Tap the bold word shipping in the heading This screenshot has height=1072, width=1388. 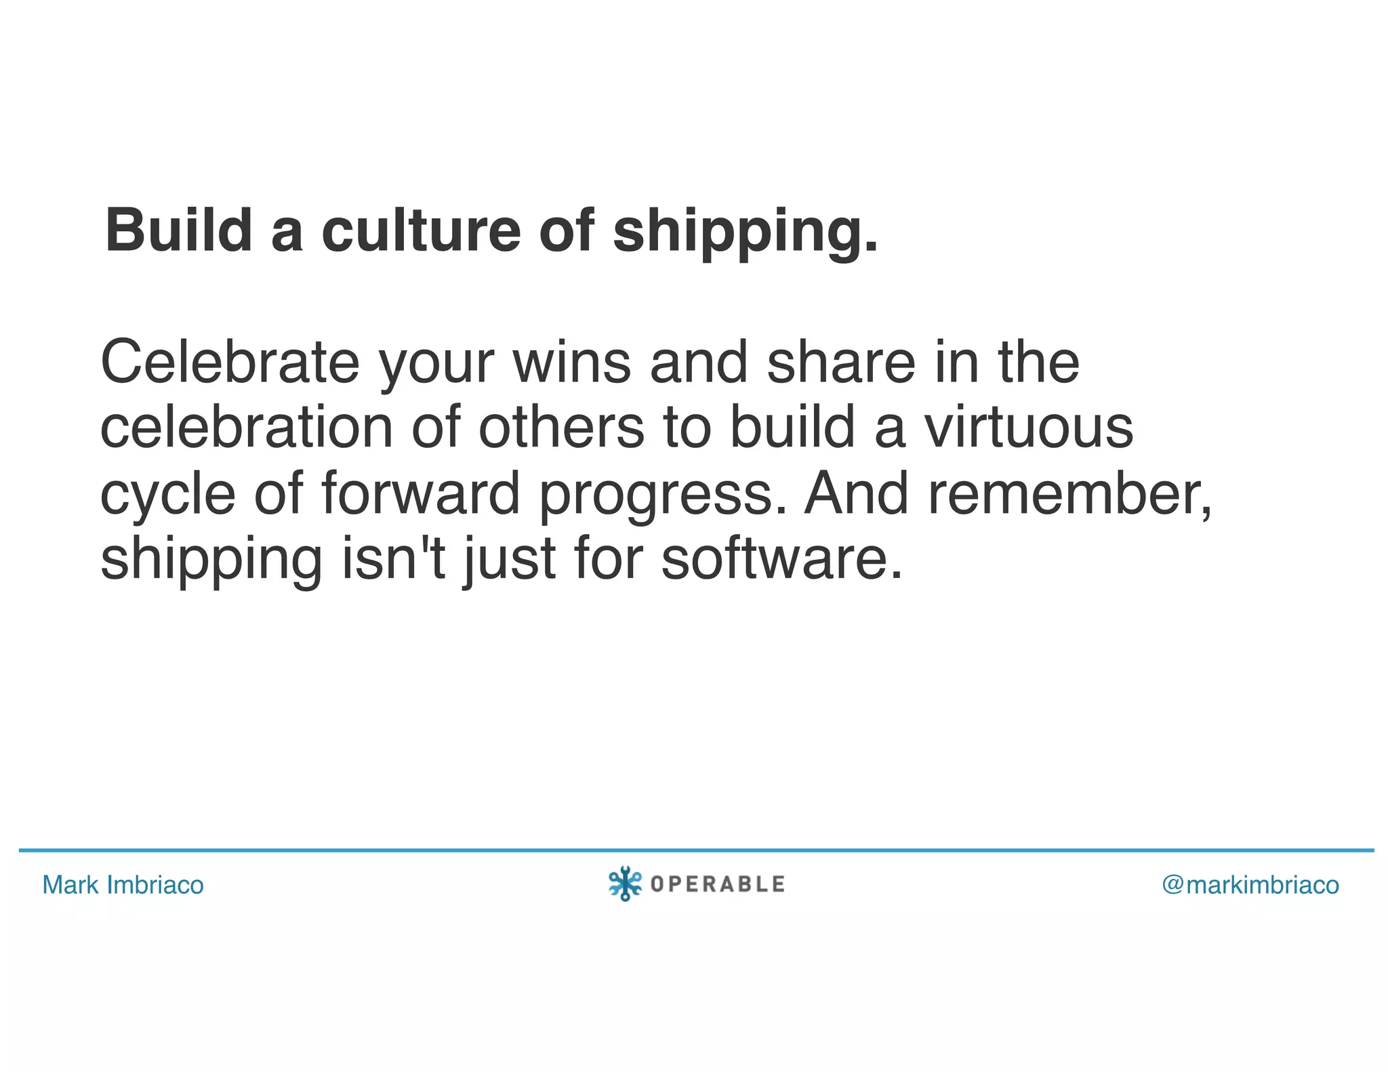click(744, 232)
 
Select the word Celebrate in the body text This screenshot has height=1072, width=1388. click(230, 363)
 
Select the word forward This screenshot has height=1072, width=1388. click(420, 493)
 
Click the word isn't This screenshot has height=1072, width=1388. click(393, 559)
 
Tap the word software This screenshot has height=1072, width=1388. click(781, 559)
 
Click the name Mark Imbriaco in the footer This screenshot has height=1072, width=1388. click(123, 885)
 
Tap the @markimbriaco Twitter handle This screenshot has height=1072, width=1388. click(1250, 885)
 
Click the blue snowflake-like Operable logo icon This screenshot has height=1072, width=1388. click(625, 884)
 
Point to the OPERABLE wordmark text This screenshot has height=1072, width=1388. click(717, 884)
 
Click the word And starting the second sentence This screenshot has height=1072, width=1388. click(856, 493)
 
